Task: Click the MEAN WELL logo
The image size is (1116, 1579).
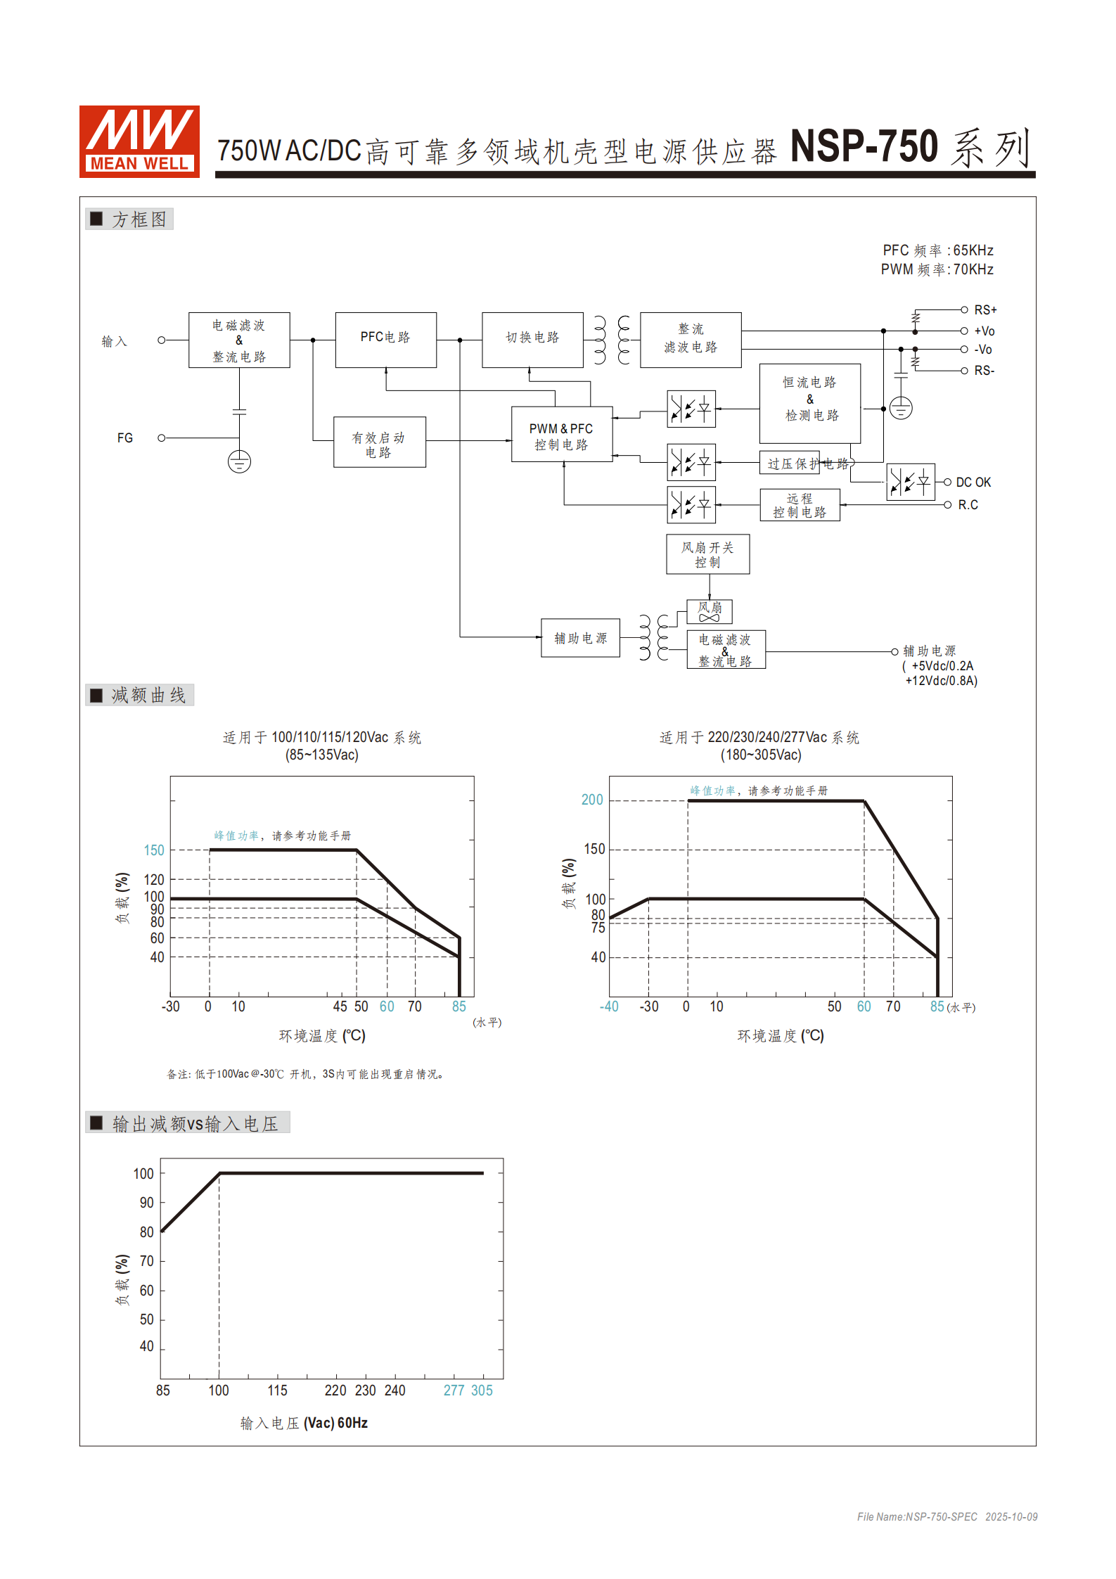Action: pyautogui.click(x=139, y=141)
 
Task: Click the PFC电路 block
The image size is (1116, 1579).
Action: pyautogui.click(x=385, y=339)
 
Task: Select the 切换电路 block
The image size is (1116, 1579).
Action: pyautogui.click(x=532, y=339)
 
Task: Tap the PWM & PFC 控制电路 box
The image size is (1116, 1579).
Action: pyautogui.click(x=561, y=435)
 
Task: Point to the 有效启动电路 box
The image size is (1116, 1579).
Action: pyautogui.click(x=379, y=442)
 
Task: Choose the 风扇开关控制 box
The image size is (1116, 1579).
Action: pyautogui.click(x=707, y=554)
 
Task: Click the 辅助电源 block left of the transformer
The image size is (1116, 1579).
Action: pyautogui.click(x=580, y=638)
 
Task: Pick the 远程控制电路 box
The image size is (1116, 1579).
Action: pyautogui.click(x=800, y=505)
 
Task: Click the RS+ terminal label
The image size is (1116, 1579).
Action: pyautogui.click(x=985, y=310)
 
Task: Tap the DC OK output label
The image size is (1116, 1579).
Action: pyautogui.click(x=973, y=482)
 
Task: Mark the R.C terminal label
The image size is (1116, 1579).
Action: pyautogui.click(x=968, y=505)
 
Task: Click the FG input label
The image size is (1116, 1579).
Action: pyautogui.click(x=125, y=438)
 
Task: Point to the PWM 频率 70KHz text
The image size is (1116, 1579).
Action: pyautogui.click(x=937, y=269)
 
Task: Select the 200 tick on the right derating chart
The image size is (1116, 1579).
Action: pyautogui.click(x=592, y=800)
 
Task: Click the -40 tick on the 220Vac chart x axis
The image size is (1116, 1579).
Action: pyautogui.click(x=609, y=1006)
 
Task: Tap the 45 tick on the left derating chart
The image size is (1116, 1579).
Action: pyautogui.click(x=340, y=1006)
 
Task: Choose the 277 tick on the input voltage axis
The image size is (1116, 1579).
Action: pyautogui.click(x=454, y=1391)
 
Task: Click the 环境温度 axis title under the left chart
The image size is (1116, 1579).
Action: pyautogui.click(x=322, y=1036)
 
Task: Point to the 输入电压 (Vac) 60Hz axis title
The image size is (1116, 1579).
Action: pyautogui.click(x=304, y=1423)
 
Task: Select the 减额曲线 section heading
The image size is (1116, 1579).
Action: pyautogui.click(x=148, y=695)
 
